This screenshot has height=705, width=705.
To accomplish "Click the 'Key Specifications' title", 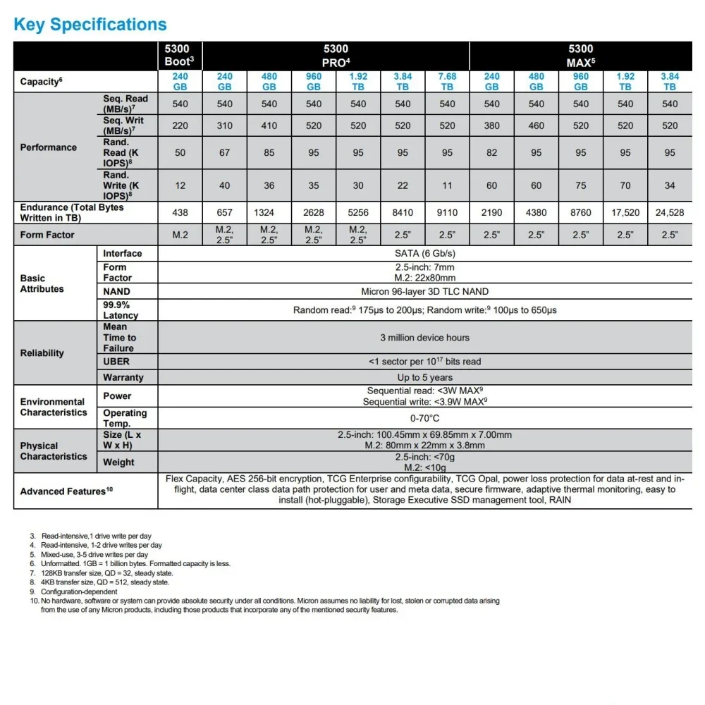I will point(90,25).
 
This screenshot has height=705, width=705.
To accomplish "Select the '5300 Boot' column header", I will point(179,56).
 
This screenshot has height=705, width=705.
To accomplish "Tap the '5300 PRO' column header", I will point(336,56).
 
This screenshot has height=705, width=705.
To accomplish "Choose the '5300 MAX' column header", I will point(580,56).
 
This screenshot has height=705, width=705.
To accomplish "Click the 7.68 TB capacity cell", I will point(447,82).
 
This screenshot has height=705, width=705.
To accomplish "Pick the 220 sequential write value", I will point(180,125).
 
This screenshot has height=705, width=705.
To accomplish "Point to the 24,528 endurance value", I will point(669,212).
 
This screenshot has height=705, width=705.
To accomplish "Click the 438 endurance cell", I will point(180,212).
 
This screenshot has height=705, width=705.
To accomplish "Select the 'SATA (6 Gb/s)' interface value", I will point(424,253).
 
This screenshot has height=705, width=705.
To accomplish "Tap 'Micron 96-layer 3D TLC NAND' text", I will point(424,291).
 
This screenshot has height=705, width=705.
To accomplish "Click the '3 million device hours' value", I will point(424,338).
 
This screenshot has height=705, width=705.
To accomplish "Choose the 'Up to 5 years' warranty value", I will point(424,377).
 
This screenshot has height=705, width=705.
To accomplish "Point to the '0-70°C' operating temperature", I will point(424,418).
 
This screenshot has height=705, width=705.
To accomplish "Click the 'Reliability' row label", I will point(42,353).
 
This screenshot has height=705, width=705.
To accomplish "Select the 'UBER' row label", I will point(116,361).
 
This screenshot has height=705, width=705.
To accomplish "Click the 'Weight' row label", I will point(118,462).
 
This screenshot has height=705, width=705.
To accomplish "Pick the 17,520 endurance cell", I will point(625,212).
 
